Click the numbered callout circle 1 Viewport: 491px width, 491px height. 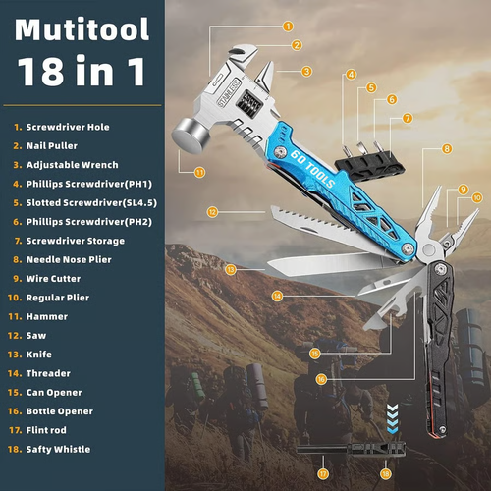pos(288,27)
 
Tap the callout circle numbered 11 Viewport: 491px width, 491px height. pos(199,172)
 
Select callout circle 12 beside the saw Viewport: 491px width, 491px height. pos(212,210)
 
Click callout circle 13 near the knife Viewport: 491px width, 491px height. pos(229,268)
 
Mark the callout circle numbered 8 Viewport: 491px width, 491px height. pos(447,149)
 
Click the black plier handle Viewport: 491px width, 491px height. pos(439,354)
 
